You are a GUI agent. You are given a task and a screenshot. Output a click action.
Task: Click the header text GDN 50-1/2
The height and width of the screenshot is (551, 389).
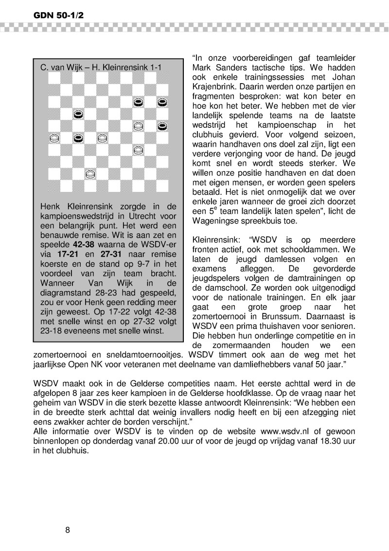coord(52,16)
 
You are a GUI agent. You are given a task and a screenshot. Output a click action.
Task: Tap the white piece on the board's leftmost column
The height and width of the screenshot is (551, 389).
coord(54,138)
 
